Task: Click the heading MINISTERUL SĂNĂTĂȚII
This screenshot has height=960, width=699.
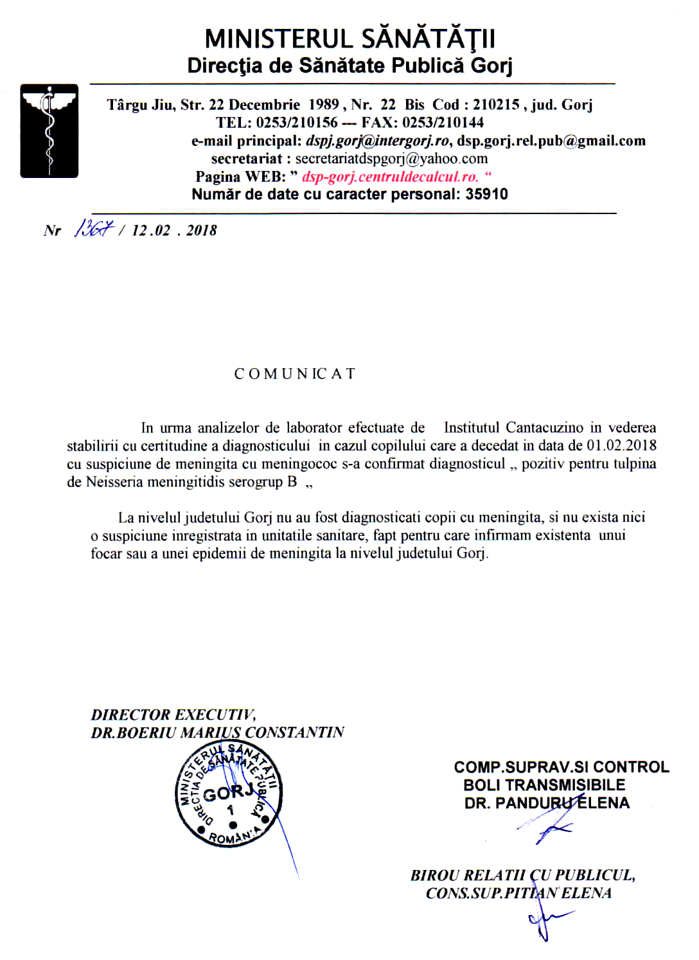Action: coord(349,39)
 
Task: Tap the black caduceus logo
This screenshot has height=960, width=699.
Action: coord(49,130)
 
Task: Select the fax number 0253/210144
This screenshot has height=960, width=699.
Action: coord(443,123)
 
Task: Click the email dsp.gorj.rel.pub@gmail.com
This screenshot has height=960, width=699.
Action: coord(551,141)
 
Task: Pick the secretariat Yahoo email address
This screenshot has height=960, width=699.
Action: coord(391,159)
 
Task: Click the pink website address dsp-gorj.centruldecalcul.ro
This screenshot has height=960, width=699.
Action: coord(390,177)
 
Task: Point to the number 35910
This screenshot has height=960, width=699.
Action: coord(486,195)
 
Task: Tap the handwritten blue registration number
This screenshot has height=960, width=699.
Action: coord(94,229)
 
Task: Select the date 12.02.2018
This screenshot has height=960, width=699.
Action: coord(174,231)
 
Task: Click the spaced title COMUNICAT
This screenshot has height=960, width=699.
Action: coord(295,374)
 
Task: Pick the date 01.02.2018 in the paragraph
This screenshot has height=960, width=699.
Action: coord(621,446)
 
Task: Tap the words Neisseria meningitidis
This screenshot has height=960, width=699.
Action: coord(161,482)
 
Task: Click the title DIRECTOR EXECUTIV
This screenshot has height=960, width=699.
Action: coord(173,715)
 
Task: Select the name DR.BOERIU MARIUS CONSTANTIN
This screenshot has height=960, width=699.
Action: coord(217,733)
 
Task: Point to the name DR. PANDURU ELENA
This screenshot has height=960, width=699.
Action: coord(547,803)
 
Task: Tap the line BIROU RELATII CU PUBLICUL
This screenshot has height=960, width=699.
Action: coord(522,875)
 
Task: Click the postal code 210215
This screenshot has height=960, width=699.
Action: coord(496,105)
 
